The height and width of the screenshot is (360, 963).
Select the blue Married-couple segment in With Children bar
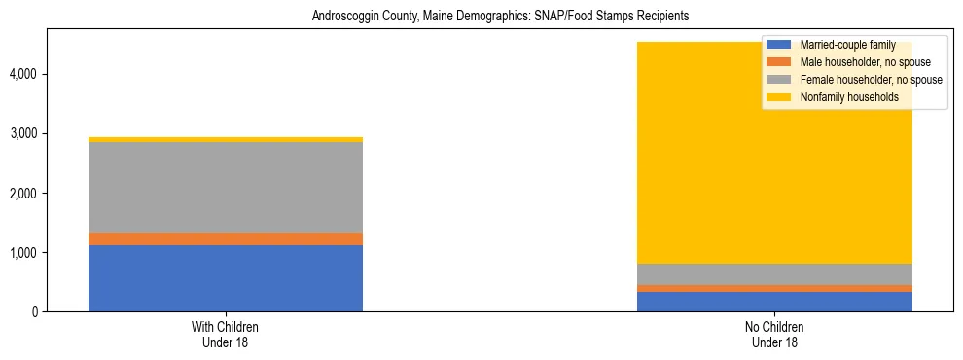pos(225,278)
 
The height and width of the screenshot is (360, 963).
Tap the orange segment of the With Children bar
pos(225,238)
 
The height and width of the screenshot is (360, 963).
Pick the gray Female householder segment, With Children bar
pos(225,187)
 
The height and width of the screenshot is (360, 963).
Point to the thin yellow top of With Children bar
pos(225,140)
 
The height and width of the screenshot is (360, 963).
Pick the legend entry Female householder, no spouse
pos(870,80)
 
